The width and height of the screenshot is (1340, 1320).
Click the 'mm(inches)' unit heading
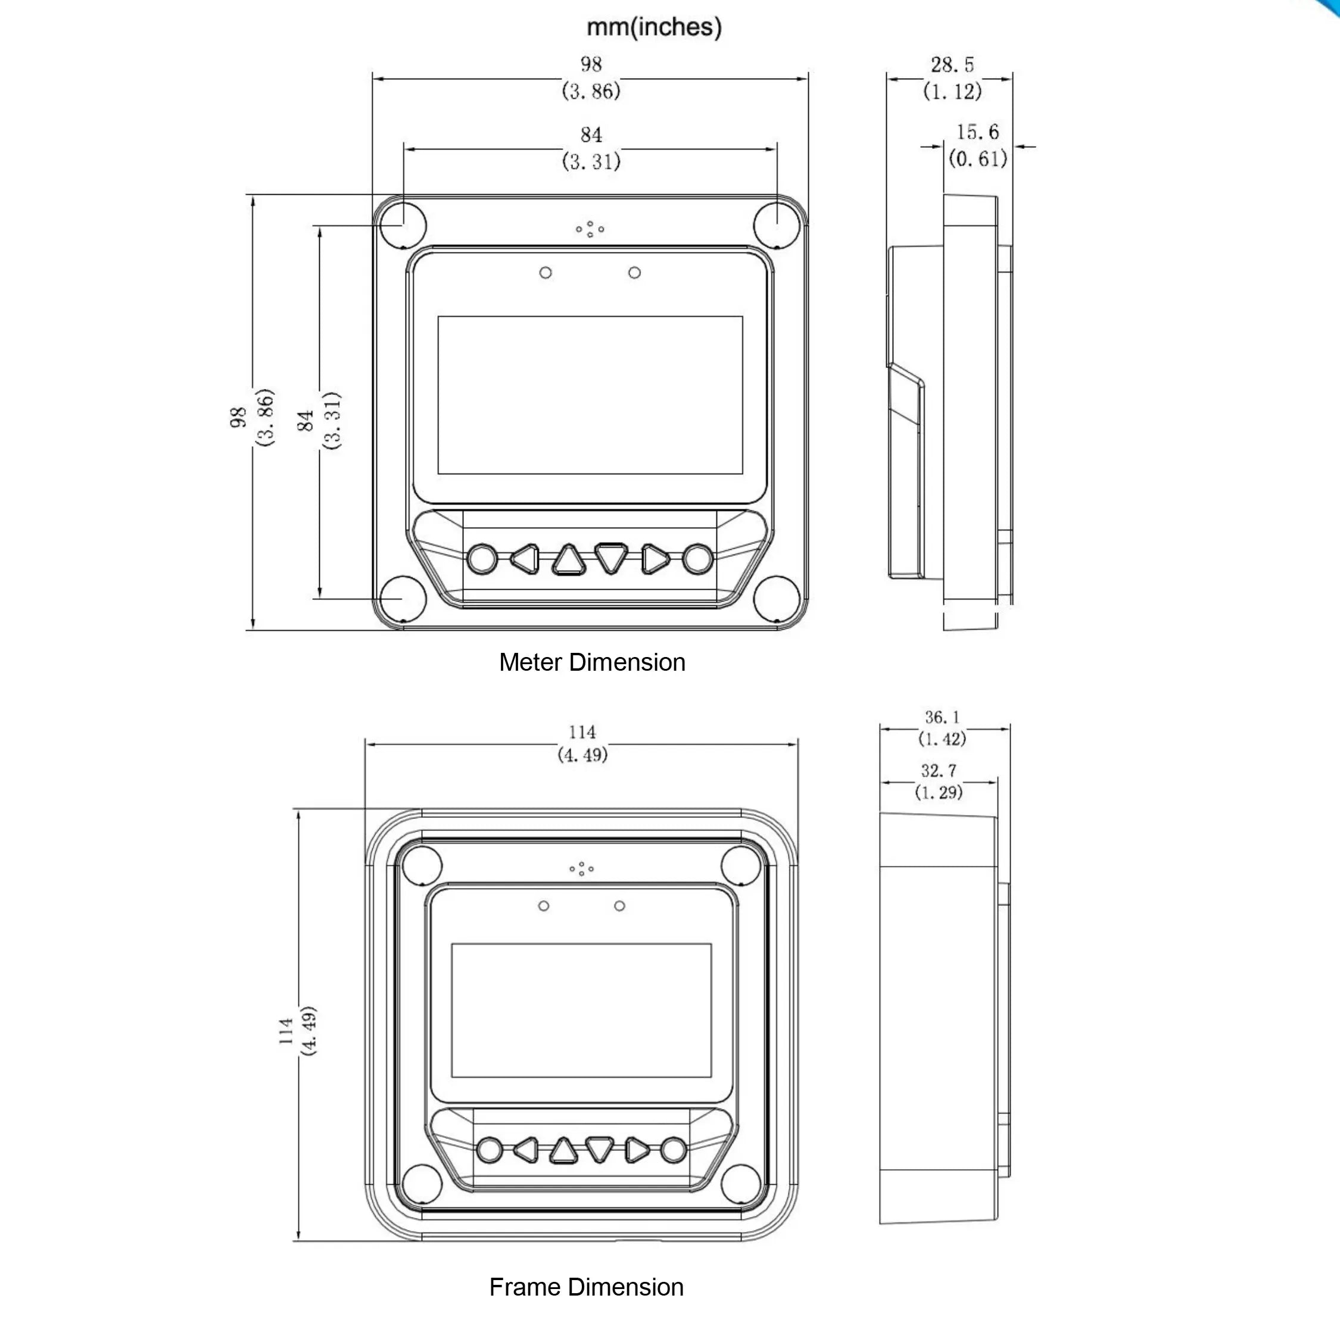[654, 27]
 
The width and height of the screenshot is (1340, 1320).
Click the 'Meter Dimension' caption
[592, 662]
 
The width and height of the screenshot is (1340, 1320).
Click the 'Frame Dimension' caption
[587, 1287]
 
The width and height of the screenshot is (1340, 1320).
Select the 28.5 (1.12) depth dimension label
[952, 77]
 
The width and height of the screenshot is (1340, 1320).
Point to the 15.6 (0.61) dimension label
[977, 145]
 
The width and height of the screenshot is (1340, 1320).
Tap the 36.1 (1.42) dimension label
[942, 728]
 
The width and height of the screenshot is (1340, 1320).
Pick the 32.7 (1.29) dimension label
[939, 782]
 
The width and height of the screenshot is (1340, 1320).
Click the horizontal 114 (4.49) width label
[582, 743]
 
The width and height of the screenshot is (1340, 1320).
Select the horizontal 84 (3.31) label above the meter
[591, 148]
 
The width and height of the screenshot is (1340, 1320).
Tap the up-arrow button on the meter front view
[568, 559]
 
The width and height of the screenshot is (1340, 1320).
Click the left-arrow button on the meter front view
[525, 559]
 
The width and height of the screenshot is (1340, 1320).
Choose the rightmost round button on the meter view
[697, 559]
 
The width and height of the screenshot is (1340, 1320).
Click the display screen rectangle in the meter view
[590, 395]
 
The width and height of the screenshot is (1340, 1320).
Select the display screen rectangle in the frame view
[581, 1010]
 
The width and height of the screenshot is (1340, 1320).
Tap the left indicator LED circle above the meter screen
[546, 272]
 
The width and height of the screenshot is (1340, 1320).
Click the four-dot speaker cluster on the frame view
[582, 868]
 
